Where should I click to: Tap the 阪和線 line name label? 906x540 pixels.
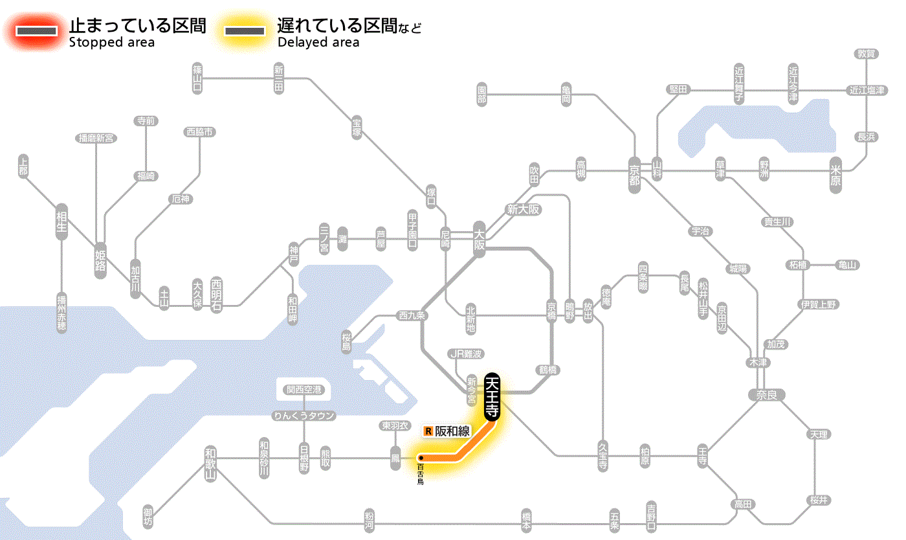[x=452, y=431]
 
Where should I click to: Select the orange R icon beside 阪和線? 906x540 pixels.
[x=428, y=431]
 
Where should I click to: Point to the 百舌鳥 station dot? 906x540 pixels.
[x=421, y=458]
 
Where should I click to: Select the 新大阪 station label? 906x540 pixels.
[x=523, y=209]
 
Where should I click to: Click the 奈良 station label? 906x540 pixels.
[x=766, y=394]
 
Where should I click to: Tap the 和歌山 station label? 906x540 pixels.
[x=210, y=462]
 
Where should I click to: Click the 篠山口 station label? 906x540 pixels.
[x=197, y=78]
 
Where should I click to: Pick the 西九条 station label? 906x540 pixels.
[x=412, y=316]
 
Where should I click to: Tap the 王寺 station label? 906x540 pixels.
[x=703, y=455]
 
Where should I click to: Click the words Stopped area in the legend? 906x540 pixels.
[x=112, y=43]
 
